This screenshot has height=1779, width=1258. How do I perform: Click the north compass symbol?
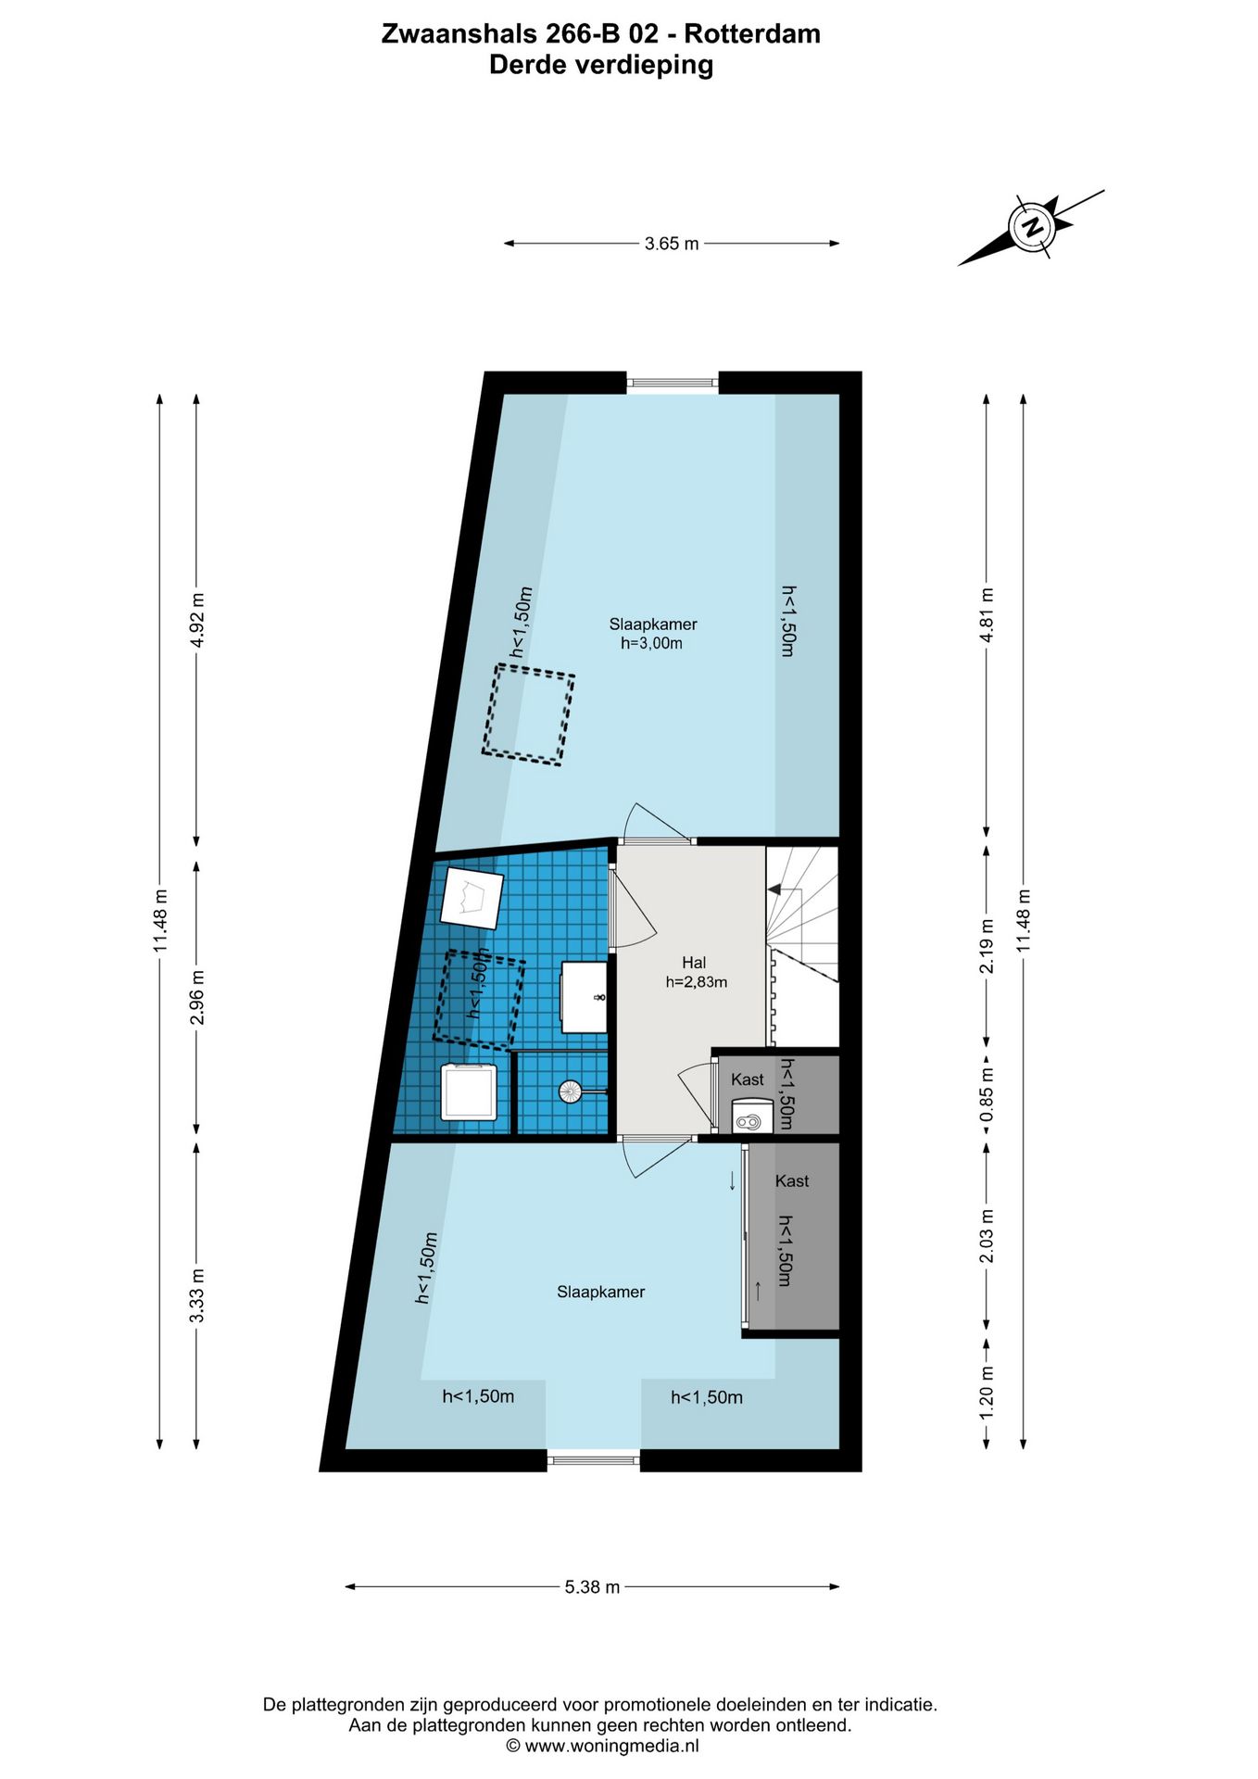(x=1031, y=227)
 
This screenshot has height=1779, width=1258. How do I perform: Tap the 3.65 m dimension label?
(x=672, y=244)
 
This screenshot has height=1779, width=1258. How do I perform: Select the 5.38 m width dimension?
(x=592, y=1586)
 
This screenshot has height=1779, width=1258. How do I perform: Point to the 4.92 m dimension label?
(x=196, y=621)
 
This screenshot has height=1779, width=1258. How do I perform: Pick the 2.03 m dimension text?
(x=987, y=1236)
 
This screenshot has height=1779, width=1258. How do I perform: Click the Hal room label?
(x=694, y=963)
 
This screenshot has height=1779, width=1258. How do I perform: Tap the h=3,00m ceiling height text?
(x=651, y=643)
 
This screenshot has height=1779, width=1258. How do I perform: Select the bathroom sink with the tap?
(x=585, y=997)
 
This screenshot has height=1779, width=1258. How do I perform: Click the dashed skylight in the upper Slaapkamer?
(x=528, y=714)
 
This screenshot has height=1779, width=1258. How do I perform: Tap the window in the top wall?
(x=673, y=382)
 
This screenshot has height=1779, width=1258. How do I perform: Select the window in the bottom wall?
(x=593, y=1460)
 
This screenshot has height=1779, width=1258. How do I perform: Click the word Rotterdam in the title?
(x=752, y=34)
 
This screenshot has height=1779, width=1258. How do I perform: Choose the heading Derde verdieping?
(x=601, y=66)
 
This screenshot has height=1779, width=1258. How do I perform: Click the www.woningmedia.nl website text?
(x=611, y=1746)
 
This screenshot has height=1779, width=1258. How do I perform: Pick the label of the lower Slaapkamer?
(x=600, y=1292)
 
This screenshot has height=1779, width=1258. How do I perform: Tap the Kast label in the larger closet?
(x=792, y=1180)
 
